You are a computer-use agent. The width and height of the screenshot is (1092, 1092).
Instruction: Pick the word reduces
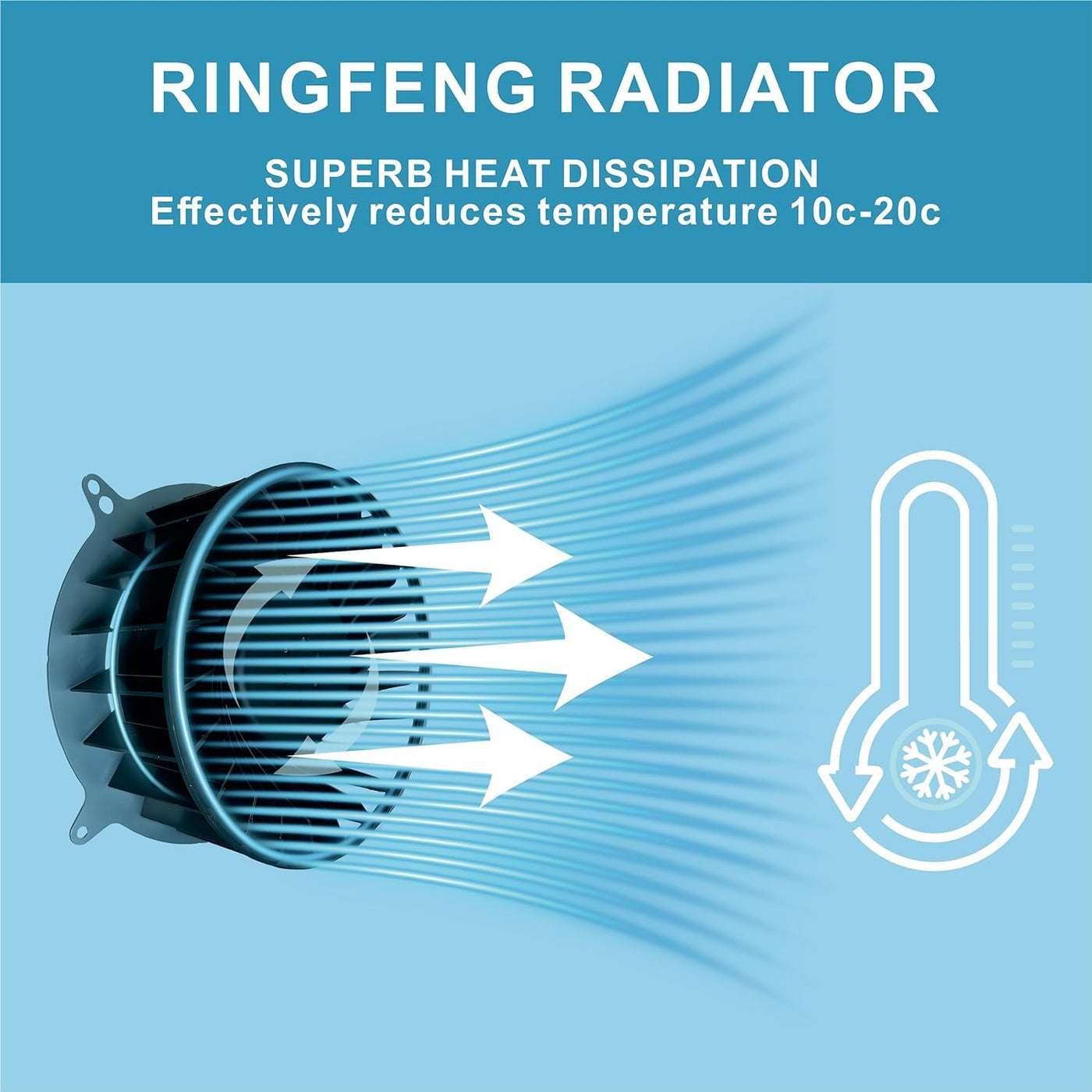coord(446,212)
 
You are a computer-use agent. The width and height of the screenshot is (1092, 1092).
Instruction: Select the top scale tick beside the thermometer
coord(1022,529)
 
